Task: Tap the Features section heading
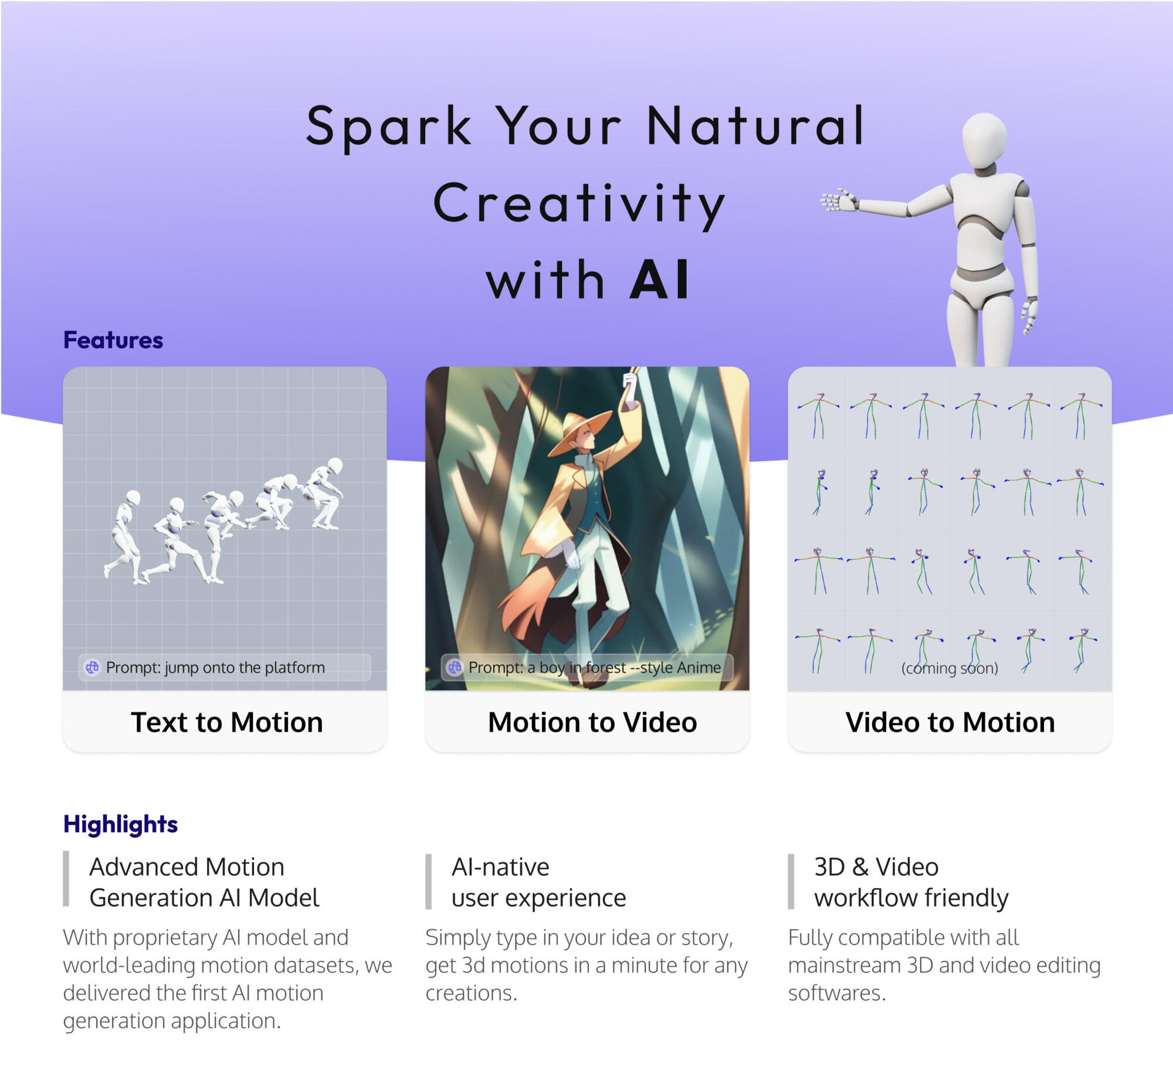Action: point(113,341)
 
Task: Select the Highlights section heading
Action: point(120,824)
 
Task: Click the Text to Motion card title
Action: point(227,722)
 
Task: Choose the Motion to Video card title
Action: point(592,722)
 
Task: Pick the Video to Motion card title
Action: point(950,722)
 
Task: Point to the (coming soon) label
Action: point(950,668)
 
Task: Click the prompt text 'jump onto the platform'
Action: point(215,668)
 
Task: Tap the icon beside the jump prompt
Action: point(93,668)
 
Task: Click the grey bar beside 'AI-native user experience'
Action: point(428,881)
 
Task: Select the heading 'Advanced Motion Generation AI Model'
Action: point(204,882)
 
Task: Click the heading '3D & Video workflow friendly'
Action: point(911,882)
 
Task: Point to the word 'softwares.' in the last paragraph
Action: point(837,993)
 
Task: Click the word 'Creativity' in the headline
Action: point(579,203)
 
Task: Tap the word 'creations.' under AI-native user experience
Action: point(472,993)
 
